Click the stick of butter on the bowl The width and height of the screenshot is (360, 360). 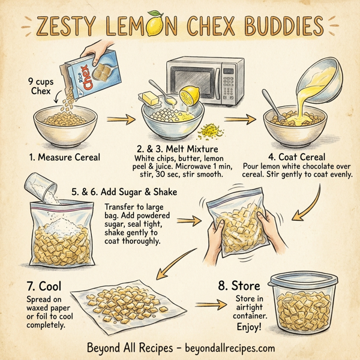click(x=151, y=97)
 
